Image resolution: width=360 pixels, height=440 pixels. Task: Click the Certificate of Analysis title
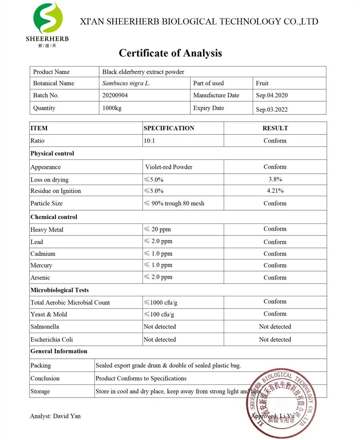click(170, 53)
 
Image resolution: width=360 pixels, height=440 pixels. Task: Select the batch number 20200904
click(115, 95)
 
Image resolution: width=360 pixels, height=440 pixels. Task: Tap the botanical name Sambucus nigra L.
click(126, 83)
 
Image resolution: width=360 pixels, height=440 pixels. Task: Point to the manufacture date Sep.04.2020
click(272, 95)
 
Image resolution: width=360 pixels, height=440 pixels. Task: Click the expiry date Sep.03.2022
click(272, 109)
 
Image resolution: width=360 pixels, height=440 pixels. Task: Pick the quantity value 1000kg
click(112, 108)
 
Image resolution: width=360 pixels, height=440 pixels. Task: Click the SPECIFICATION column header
click(169, 128)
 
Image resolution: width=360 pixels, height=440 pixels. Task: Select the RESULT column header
click(275, 128)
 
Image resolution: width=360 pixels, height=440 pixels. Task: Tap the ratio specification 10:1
click(150, 141)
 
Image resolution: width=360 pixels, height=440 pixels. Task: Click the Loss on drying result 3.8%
click(275, 179)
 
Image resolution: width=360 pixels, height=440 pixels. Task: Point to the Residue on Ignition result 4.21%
click(275, 191)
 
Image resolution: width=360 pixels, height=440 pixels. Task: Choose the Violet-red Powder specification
click(168, 167)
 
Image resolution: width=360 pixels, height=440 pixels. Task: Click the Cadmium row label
click(43, 253)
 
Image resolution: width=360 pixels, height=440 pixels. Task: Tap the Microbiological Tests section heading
click(60, 290)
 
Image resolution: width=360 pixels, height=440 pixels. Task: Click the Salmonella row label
click(45, 326)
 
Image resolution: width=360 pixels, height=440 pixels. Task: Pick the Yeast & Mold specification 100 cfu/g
click(159, 314)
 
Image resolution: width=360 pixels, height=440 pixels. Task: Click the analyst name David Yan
click(55, 416)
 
